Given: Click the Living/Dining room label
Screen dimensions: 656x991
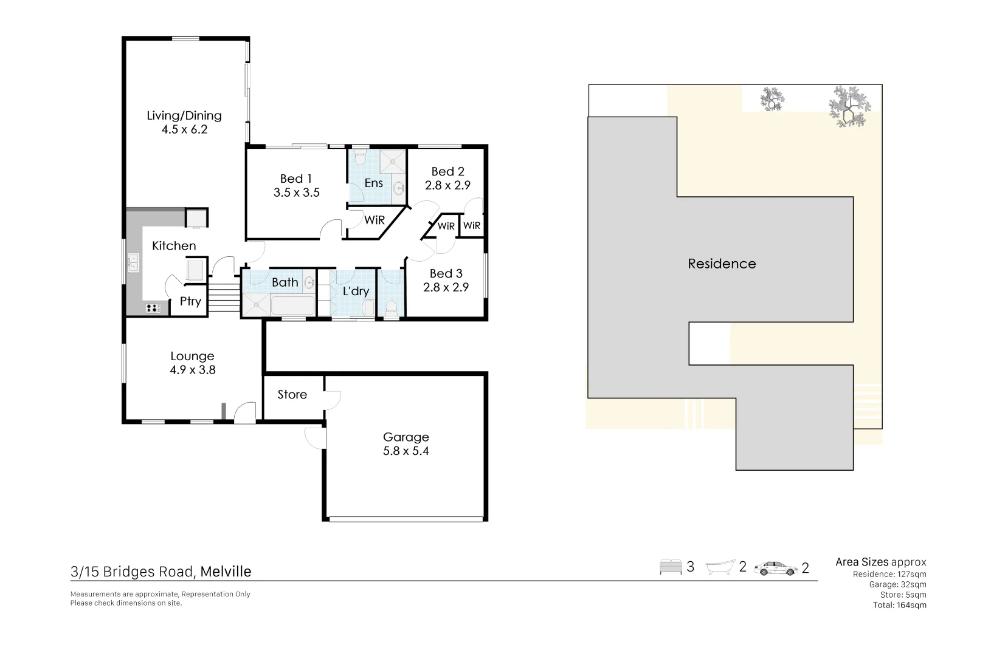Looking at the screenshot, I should [x=184, y=115].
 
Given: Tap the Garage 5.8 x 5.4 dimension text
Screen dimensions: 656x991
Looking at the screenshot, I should [x=406, y=451].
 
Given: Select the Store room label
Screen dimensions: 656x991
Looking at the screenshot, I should [x=292, y=395].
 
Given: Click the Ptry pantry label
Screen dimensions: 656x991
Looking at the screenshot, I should [x=190, y=301].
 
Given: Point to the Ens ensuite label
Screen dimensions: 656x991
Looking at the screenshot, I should [x=373, y=183].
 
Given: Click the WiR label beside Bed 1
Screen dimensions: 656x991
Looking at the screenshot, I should [x=374, y=220].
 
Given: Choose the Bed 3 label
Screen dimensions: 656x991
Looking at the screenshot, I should [x=446, y=273].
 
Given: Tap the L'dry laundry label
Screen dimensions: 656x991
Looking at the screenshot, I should [x=356, y=291].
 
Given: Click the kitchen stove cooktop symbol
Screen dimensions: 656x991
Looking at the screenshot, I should [x=153, y=308].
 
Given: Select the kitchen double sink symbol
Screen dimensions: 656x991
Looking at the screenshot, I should [x=133, y=263].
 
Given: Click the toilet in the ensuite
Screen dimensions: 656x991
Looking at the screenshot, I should [x=360, y=157].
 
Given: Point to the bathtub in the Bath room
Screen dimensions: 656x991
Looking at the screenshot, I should [x=292, y=306].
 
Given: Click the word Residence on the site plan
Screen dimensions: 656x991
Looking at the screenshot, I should [x=722, y=264].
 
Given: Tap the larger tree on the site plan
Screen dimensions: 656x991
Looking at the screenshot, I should [x=849, y=107].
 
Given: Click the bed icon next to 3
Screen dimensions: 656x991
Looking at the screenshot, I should [x=671, y=568].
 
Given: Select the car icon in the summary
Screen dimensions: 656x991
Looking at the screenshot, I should [x=775, y=569].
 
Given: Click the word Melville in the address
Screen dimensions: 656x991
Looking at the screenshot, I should [x=226, y=572].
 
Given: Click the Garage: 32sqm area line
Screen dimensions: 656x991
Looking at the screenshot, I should [x=897, y=584].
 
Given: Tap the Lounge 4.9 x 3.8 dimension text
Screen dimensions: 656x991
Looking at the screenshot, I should [x=192, y=370].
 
